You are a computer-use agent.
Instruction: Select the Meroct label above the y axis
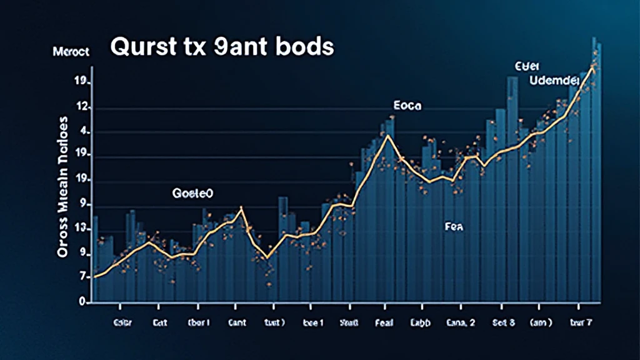coord(72,52)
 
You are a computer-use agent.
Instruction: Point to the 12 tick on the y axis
coord(82,107)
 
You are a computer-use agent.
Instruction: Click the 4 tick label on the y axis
coord(85,132)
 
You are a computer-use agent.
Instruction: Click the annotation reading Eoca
coord(407,106)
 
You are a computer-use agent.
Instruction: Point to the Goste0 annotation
coord(192,194)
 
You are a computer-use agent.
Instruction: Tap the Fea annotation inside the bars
coord(454,227)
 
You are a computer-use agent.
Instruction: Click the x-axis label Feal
coord(384,323)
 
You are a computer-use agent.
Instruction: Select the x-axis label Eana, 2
coord(461,323)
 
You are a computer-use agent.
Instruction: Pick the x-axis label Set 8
coord(503,323)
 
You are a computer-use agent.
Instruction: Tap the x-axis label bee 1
coord(313,323)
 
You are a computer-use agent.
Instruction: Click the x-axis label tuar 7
coord(581,323)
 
